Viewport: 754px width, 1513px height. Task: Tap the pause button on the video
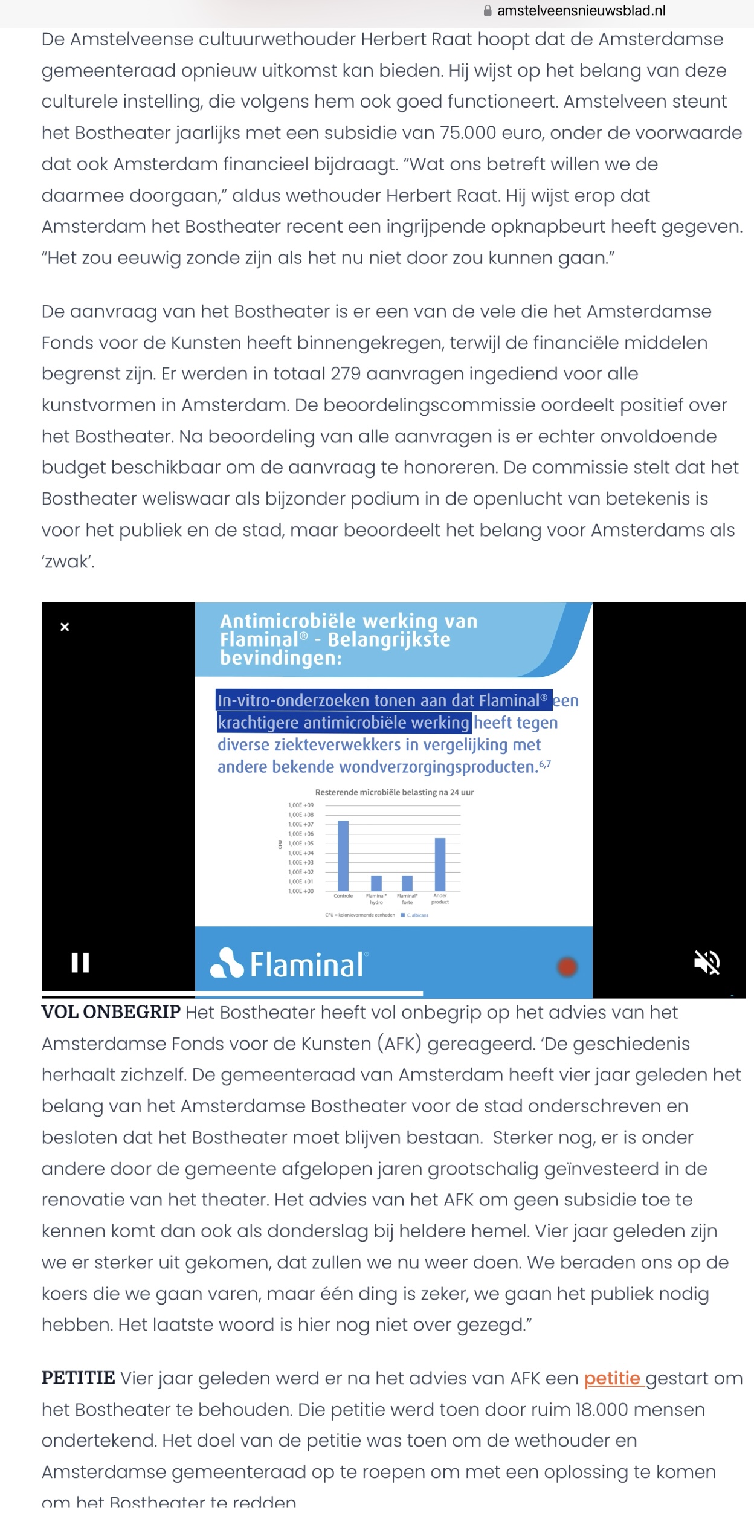80,963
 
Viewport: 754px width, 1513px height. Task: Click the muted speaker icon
706,963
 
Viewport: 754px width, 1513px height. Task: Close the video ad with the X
65,627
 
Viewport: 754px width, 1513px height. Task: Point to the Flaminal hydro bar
376,883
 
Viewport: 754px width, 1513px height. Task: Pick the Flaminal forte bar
407,883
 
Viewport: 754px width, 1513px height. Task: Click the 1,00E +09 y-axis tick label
301,805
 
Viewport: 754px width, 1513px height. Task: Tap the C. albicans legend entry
415,915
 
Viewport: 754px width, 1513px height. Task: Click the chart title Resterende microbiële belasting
394,792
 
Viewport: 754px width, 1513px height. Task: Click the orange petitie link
612,1378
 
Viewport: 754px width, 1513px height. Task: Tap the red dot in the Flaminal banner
567,967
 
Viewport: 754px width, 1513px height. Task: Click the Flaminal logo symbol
227,963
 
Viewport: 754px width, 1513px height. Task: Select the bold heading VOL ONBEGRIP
111,1012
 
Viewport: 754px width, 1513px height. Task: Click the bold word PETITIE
79,1378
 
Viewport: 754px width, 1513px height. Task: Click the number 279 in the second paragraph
346,374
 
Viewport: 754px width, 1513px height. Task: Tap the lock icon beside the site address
488,11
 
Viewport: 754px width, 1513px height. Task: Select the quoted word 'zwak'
68,562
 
